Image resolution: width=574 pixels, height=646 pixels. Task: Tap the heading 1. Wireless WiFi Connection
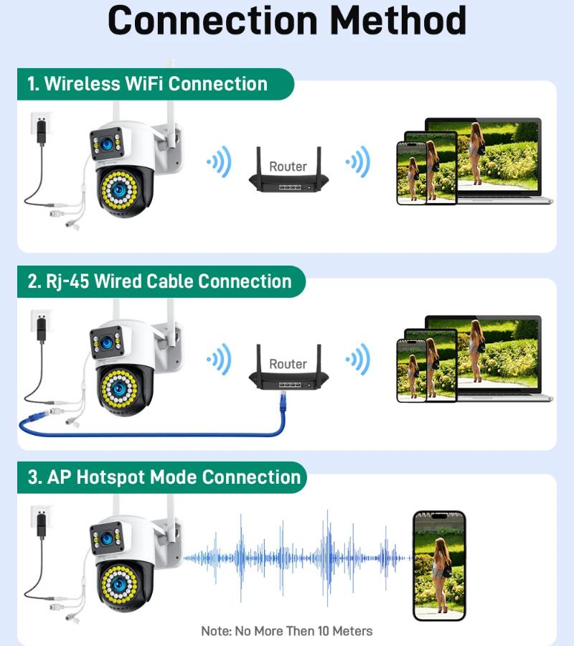147,83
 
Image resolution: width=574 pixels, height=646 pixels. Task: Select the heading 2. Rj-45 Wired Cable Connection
159,281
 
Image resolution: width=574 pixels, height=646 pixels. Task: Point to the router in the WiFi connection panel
288,172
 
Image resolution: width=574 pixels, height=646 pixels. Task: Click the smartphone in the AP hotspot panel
439,565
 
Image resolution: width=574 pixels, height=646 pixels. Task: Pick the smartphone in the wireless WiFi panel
412,172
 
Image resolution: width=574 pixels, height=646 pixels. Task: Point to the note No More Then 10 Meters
286,631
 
